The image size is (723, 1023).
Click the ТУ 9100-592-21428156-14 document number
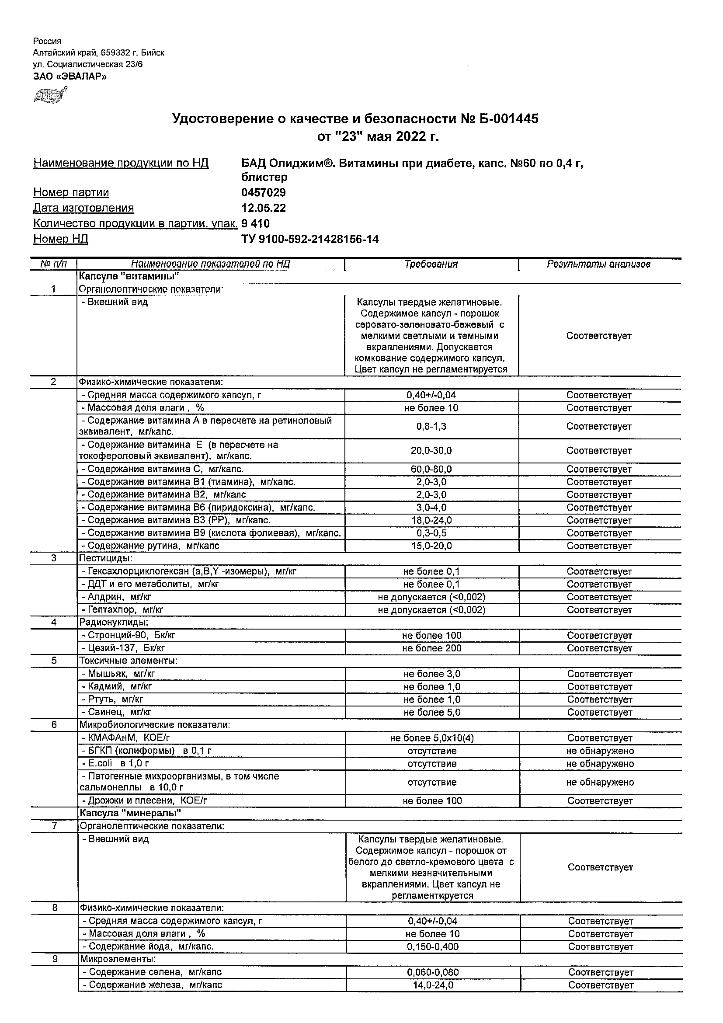(x=309, y=239)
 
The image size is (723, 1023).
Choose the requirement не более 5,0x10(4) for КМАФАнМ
(x=432, y=738)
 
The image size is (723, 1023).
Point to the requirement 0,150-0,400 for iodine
(x=433, y=947)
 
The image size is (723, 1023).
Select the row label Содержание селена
(x=151, y=972)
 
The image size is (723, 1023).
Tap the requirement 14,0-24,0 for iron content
(x=433, y=985)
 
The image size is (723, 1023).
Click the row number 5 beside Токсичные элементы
(x=54, y=661)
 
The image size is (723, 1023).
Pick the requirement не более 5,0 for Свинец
(x=432, y=713)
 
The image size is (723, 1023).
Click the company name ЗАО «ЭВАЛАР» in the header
(x=70, y=76)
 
